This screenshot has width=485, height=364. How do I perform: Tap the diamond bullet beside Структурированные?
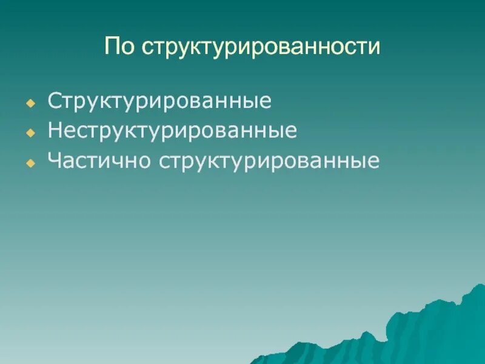[28, 103]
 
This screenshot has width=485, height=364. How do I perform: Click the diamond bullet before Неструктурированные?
[28, 133]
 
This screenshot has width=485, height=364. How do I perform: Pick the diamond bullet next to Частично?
[28, 164]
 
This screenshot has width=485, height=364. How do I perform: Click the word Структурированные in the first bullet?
[159, 101]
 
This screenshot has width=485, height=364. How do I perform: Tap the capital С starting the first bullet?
[55, 101]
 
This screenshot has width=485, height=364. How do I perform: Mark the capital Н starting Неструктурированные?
[56, 131]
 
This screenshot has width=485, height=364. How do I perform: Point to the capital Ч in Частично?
[55, 161]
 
